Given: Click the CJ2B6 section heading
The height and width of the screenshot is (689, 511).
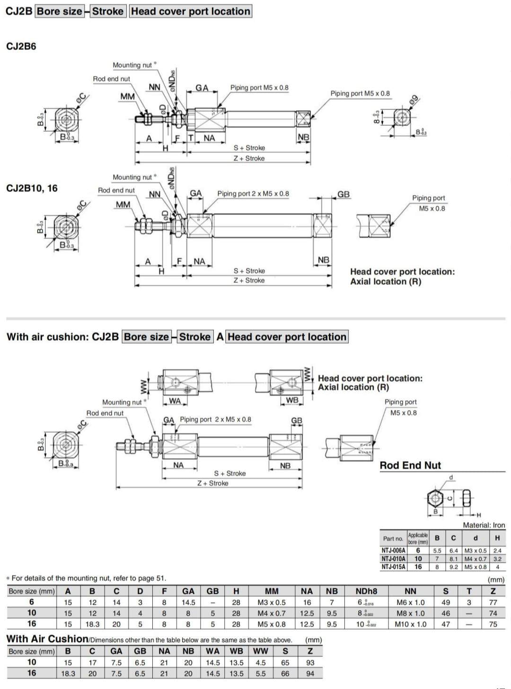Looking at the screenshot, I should click(x=21, y=46).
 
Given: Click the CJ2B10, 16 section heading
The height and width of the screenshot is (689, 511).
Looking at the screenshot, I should click(x=32, y=188).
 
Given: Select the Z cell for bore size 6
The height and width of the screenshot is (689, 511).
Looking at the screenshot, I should click(x=493, y=602).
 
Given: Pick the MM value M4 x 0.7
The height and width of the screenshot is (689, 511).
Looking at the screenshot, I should click(x=271, y=613).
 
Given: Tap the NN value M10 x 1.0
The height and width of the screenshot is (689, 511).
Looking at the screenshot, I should click(x=410, y=624).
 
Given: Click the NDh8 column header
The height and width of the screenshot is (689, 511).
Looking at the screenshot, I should click(x=366, y=591).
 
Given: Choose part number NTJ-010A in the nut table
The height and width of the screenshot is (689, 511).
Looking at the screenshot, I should click(x=393, y=559).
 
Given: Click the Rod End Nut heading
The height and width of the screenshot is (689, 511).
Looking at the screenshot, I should click(x=410, y=466).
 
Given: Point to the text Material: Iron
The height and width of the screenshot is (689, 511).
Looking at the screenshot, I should click(x=484, y=525).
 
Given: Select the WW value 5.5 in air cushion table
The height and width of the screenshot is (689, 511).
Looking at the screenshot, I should click(x=260, y=673).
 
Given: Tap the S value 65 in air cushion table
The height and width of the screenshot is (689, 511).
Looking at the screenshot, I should click(x=285, y=662).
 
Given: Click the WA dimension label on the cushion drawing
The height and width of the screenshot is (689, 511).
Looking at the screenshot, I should click(x=175, y=401).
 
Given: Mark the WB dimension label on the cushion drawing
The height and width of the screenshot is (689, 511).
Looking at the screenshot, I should click(x=292, y=400).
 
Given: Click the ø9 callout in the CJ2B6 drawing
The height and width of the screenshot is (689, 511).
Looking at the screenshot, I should click(x=414, y=100).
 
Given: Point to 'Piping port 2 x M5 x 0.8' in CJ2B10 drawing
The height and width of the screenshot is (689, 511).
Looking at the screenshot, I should click(x=253, y=194).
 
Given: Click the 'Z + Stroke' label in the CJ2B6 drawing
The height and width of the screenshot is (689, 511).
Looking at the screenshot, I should click(x=249, y=159).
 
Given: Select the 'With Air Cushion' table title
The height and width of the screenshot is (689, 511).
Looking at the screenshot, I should click(x=47, y=639).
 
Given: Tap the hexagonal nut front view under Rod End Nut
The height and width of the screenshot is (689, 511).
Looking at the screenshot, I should click(x=435, y=498).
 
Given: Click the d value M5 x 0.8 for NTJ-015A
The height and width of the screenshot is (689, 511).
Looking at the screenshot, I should click(x=475, y=567).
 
